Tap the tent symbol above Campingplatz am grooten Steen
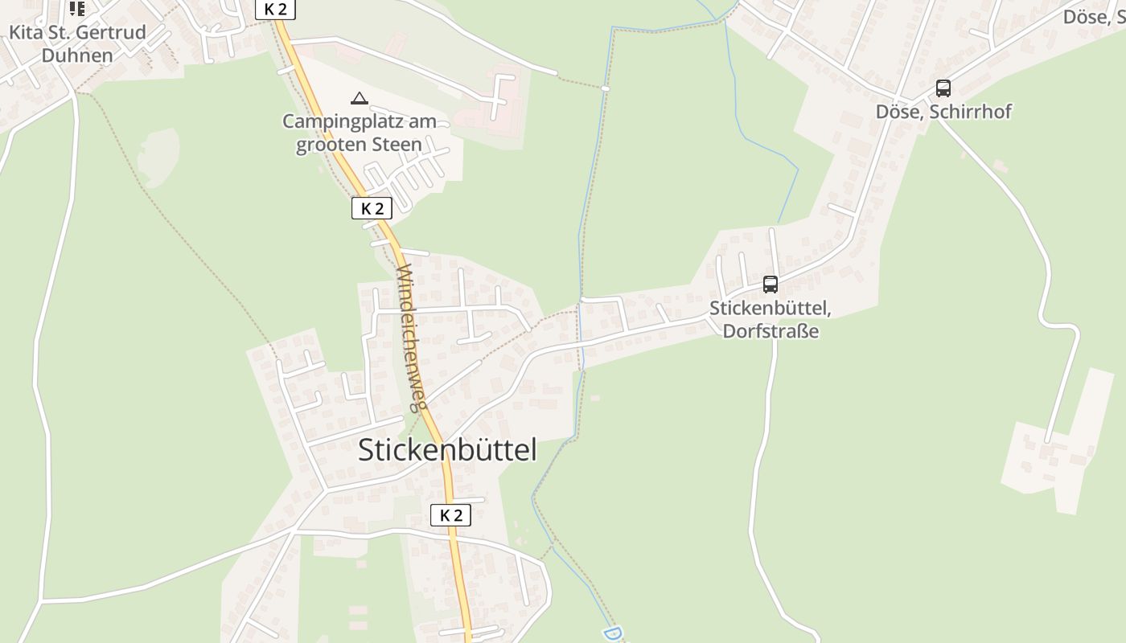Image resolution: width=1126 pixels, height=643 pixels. pyautogui.click(x=360, y=99)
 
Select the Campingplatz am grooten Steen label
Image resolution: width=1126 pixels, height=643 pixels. pyautogui.click(x=359, y=133)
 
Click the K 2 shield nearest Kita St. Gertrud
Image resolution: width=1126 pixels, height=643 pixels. pyautogui.click(x=275, y=9)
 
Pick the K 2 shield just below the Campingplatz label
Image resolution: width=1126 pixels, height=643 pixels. pyautogui.click(x=372, y=208)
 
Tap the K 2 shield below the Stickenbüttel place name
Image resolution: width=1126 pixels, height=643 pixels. pyautogui.click(x=450, y=515)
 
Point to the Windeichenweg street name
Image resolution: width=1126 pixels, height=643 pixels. pyautogui.click(x=410, y=337)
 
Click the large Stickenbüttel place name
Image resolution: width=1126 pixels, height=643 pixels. pyautogui.click(x=447, y=450)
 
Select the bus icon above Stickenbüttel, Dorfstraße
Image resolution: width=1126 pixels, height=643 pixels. pyautogui.click(x=771, y=284)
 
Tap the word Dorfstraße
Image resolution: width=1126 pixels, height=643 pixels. pyautogui.click(x=771, y=331)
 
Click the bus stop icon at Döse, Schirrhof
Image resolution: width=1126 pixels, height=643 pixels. pyautogui.click(x=943, y=88)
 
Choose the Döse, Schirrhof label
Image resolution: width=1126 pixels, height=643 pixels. pyautogui.click(x=943, y=112)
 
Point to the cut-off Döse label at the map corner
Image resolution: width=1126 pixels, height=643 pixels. pyautogui.click(x=1094, y=16)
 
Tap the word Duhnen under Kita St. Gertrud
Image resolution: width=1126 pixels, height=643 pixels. pyautogui.click(x=77, y=55)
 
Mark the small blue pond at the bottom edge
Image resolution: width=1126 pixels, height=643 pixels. pyautogui.click(x=613, y=633)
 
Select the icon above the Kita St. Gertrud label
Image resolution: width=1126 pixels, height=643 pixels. pyautogui.click(x=76, y=8)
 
